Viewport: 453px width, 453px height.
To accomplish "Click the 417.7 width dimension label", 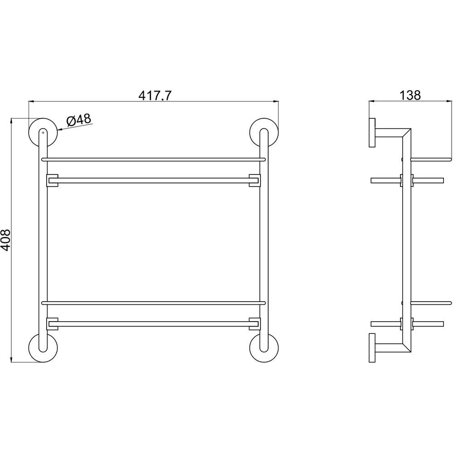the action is pos(155,95).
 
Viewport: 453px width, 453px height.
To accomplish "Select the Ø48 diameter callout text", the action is pos(78,120).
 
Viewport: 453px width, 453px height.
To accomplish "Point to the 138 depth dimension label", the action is pos(410,95).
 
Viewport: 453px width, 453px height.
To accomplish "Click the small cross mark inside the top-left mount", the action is pos(43,133).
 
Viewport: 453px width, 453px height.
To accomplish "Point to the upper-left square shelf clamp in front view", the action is pos(52,181).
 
